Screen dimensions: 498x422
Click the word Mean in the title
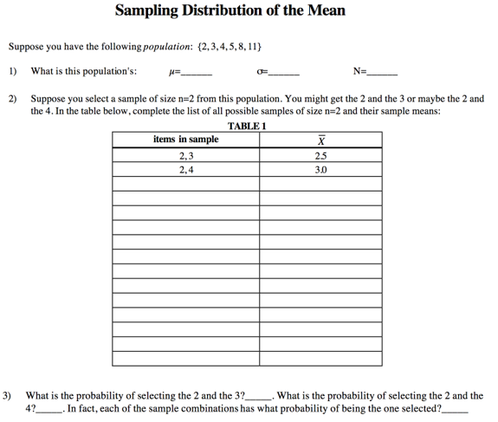[325, 10]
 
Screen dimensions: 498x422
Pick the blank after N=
[383, 73]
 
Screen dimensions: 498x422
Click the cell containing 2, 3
[185, 157]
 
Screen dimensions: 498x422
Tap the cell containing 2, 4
[185, 171]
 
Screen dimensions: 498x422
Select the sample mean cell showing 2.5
[321, 157]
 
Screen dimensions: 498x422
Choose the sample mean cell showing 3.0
[321, 171]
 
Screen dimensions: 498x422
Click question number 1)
[13, 72]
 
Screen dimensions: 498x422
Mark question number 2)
[13, 100]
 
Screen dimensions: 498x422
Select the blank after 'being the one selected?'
[455, 408]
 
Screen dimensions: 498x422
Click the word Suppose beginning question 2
[49, 100]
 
